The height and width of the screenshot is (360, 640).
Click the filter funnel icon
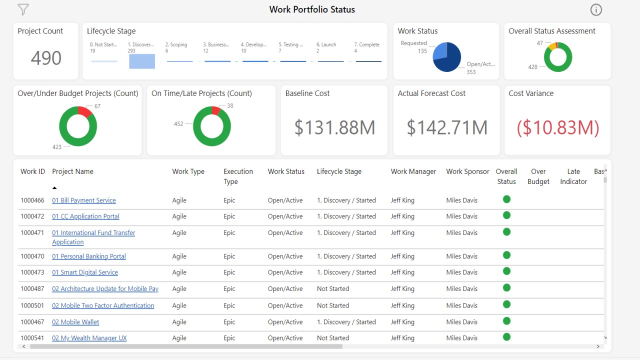click(23, 9)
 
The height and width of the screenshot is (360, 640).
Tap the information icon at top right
click(596, 9)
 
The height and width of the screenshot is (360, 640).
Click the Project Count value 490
click(46, 58)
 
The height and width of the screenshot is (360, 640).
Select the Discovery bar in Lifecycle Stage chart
click(142, 61)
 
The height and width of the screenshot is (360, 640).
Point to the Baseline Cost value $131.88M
click(334, 127)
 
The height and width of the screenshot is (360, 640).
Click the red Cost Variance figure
click(557, 127)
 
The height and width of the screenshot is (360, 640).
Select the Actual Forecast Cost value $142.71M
click(446, 127)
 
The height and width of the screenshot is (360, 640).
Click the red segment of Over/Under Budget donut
click(85, 112)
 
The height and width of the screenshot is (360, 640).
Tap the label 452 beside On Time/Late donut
click(178, 123)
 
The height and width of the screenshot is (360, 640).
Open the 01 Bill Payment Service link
click(84, 200)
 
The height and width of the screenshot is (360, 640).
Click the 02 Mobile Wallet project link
click(75, 322)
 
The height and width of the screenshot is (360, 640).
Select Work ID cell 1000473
click(32, 272)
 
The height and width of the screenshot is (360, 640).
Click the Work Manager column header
click(413, 171)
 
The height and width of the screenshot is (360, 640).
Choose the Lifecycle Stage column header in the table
click(339, 171)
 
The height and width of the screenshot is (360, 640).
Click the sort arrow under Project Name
click(54, 188)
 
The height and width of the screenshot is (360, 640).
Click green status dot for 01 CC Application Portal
click(506, 215)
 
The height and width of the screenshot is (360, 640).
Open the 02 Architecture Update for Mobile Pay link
click(105, 289)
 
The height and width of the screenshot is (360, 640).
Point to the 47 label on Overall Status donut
click(539, 43)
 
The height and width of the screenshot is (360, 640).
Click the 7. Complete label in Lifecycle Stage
click(367, 44)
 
